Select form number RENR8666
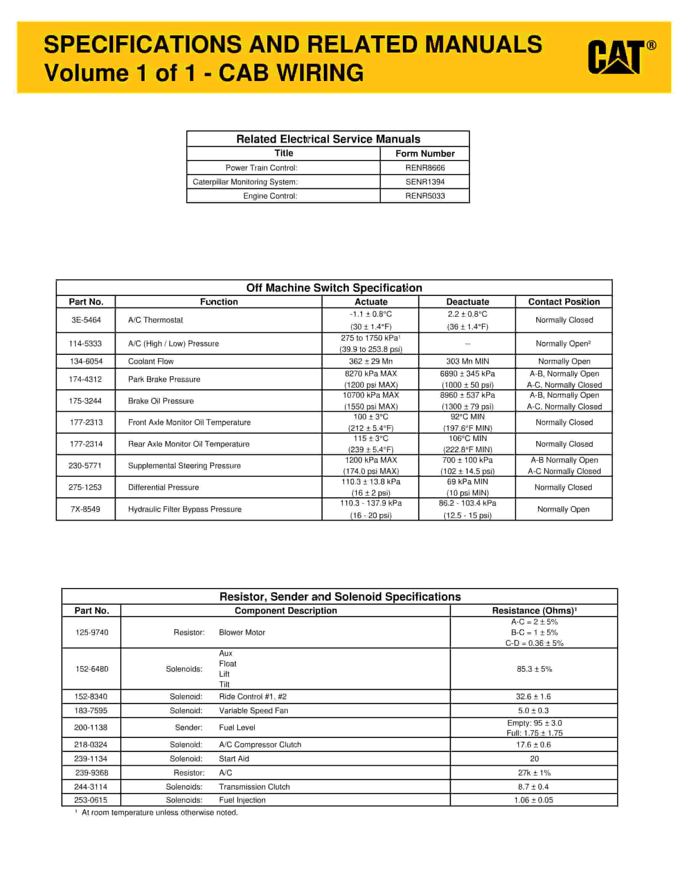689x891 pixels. tap(425, 168)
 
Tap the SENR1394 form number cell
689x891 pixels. tap(425, 182)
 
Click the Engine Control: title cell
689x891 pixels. tap(270, 196)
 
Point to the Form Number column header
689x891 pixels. tap(425, 153)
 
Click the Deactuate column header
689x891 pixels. tap(467, 302)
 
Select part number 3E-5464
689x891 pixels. tap(86, 320)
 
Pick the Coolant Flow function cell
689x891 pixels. tap(151, 361)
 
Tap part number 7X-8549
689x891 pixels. tap(85, 509)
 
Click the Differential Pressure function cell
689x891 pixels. tap(163, 487)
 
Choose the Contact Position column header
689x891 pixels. tap(564, 302)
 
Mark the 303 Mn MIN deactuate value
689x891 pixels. tap(467, 361)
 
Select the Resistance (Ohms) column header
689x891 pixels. tap(534, 611)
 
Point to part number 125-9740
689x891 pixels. tap(92, 632)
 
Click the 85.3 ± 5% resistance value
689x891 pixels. tap(534, 669)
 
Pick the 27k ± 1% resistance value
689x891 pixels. tap(534, 773)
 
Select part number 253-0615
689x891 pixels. tap(91, 800)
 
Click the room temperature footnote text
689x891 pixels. tap(160, 813)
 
